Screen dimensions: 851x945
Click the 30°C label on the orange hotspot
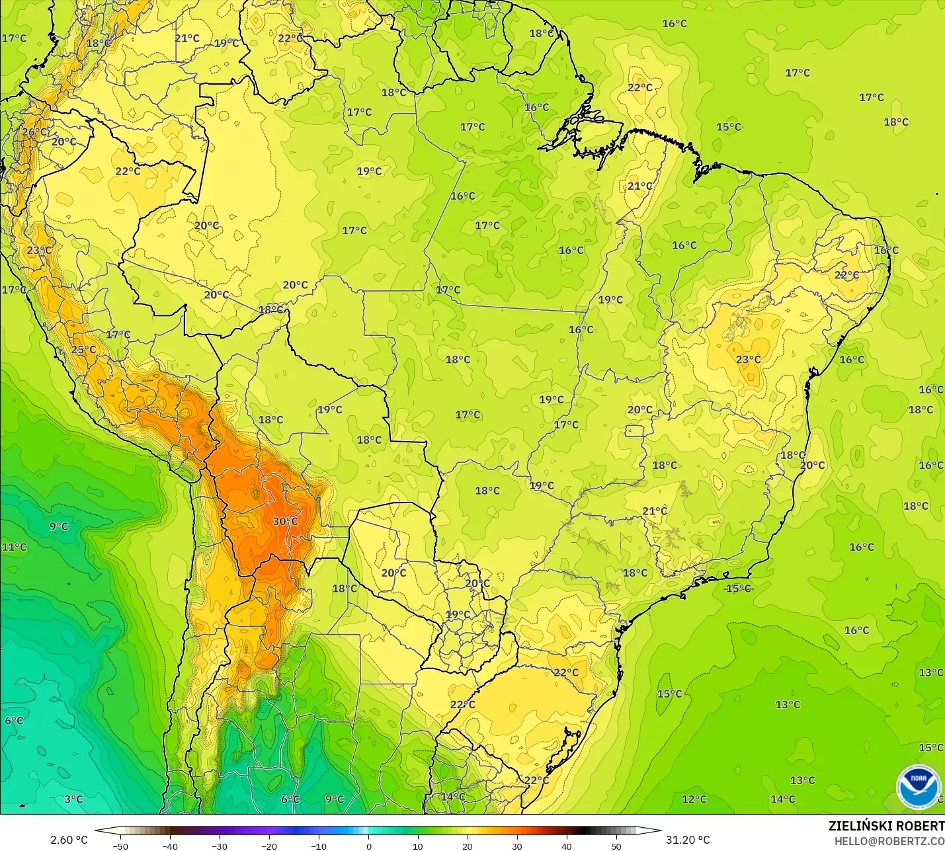coord(286,521)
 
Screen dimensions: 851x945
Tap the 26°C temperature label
coord(34,132)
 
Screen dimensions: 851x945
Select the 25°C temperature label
coord(83,350)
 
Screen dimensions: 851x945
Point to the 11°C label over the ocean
coord(14,547)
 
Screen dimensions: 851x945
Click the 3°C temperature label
coord(73,799)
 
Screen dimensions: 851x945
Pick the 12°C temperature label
coord(694,799)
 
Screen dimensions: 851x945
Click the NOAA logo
coord(919,786)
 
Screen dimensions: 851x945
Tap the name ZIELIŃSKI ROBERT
coord(886,826)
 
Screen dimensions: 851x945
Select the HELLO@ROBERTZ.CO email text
coord(889,841)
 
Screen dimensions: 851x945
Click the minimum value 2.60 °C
coord(69,840)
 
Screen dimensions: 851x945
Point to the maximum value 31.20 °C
coord(688,840)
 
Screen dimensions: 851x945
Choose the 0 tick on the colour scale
coord(368,846)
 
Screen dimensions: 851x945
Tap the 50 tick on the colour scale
coord(616,846)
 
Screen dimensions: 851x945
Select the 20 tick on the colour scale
coord(468,846)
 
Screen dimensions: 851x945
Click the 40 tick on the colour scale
coord(567,846)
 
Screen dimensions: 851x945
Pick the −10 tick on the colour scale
coord(318,846)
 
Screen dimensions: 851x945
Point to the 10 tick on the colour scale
coord(418,846)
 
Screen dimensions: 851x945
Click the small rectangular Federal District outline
coord(635,431)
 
